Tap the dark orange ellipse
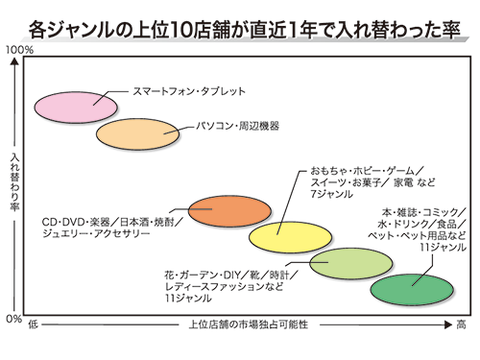click(x=220, y=210)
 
